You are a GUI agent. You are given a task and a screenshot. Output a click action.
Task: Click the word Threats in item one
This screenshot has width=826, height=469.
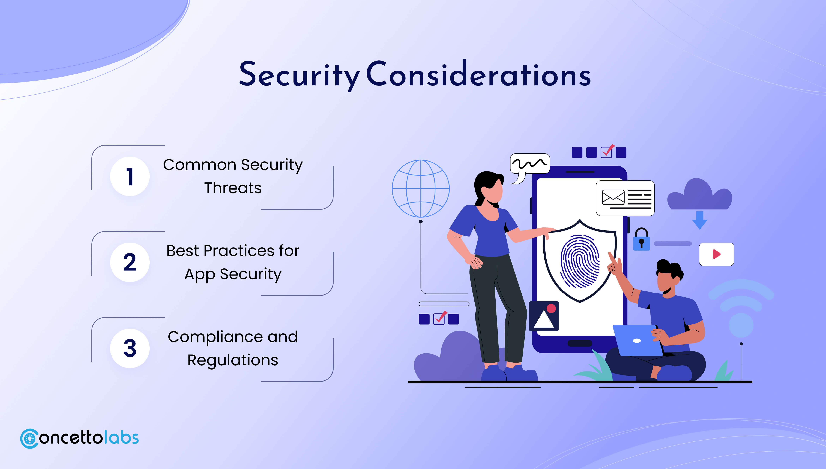click(x=233, y=188)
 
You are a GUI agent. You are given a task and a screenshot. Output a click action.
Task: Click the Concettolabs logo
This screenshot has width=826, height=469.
click(x=79, y=438)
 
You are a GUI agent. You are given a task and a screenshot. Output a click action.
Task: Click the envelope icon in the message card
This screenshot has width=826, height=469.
click(x=613, y=197)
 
